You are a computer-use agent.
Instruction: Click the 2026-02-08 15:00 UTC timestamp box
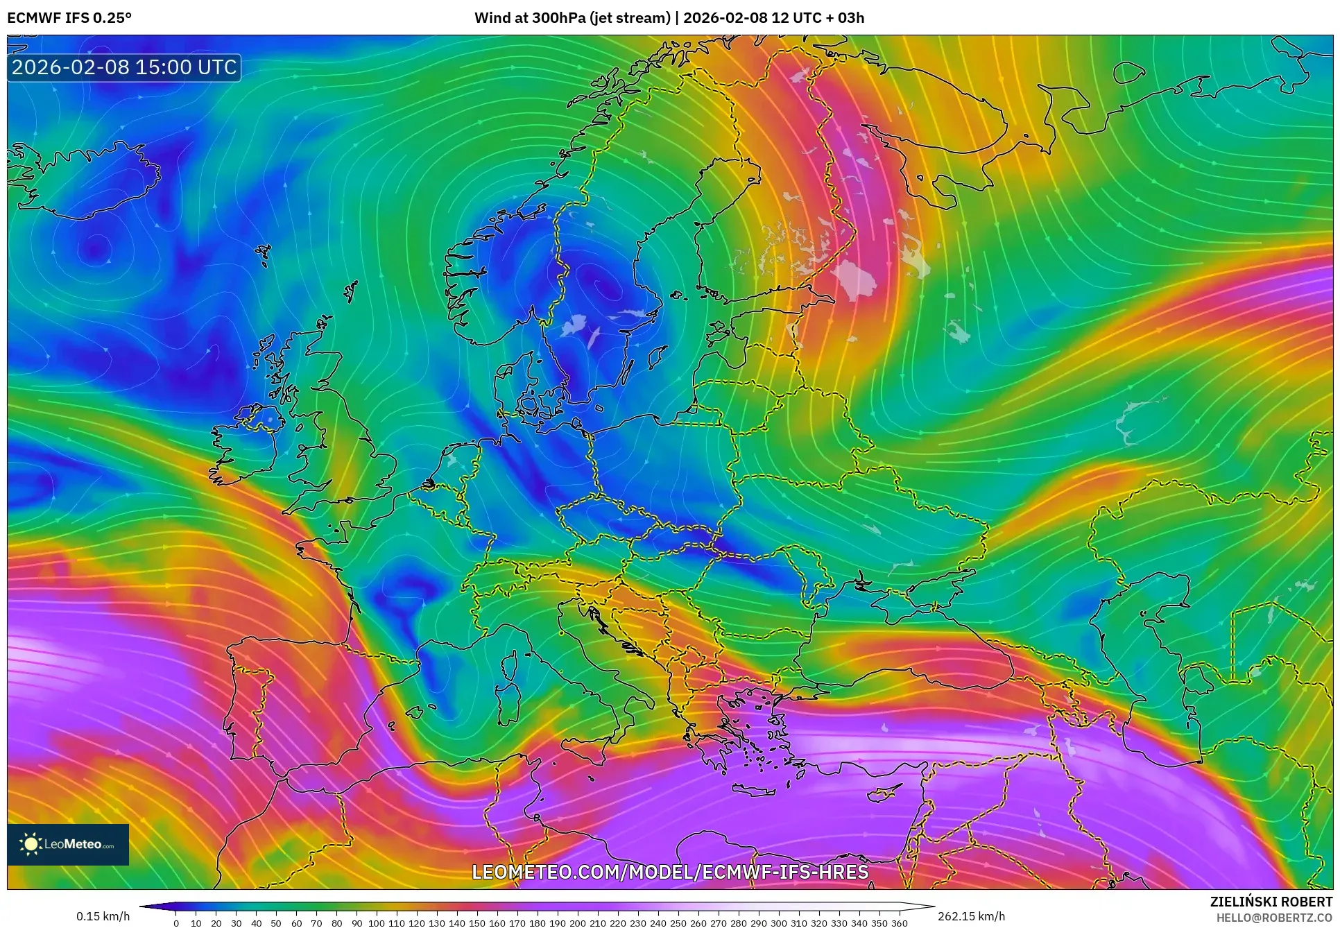click(x=124, y=67)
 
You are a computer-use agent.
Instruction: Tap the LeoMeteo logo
click(x=68, y=844)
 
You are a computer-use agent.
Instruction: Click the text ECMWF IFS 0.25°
click(x=69, y=18)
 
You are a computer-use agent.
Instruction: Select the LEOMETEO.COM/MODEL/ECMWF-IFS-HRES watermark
click(x=670, y=872)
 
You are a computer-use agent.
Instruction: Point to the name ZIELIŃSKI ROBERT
click(x=1271, y=902)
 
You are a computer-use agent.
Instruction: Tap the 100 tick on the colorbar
click(x=376, y=922)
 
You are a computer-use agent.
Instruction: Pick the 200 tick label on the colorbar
click(x=577, y=922)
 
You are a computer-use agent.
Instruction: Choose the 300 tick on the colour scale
click(x=778, y=922)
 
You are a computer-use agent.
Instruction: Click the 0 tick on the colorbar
click(x=176, y=922)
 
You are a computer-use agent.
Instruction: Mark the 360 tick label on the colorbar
click(x=899, y=922)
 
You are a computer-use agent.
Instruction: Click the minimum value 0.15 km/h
click(x=103, y=916)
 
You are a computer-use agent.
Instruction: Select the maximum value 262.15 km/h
click(x=971, y=916)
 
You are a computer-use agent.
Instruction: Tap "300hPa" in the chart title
click(x=558, y=18)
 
